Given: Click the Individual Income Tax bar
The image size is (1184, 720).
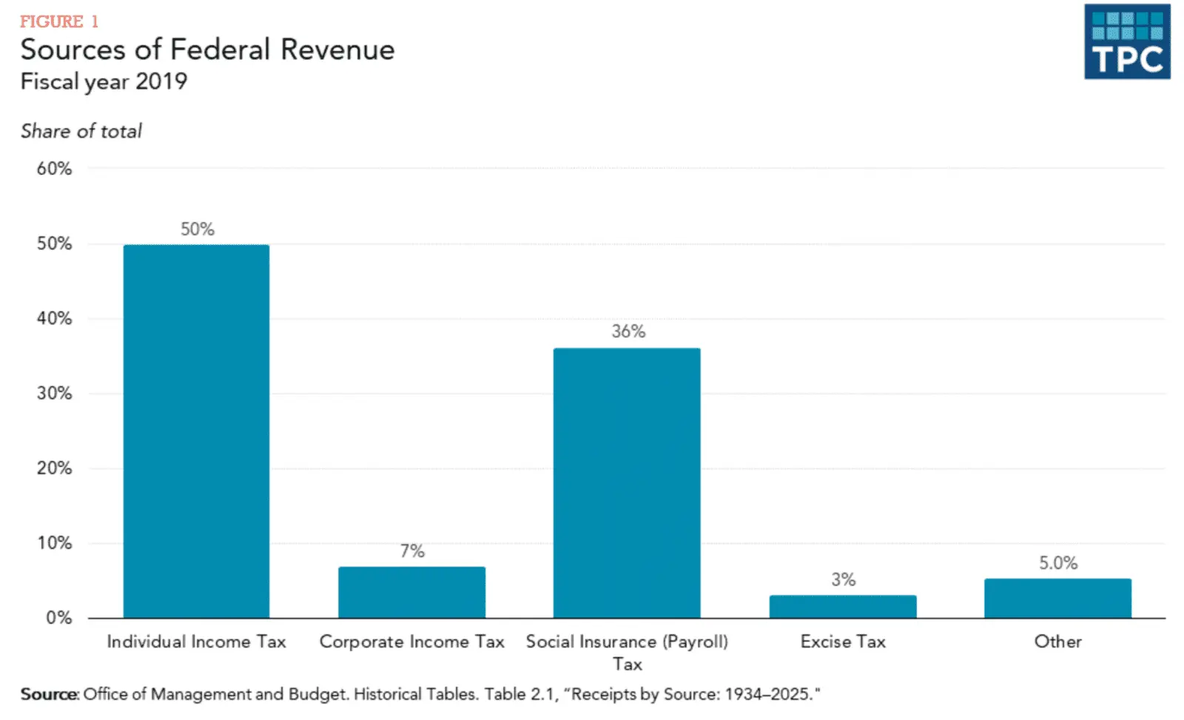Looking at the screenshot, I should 196,431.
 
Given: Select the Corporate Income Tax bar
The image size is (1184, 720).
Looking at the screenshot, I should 411,592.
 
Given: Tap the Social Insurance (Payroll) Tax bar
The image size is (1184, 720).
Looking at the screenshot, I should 627,482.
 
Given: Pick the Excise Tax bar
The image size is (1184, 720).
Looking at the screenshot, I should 843,606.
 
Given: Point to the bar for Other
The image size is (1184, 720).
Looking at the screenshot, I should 1057,598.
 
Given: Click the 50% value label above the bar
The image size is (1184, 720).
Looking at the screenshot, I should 198,229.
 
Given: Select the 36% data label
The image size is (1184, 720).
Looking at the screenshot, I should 628,332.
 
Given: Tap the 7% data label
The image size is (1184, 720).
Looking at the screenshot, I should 412,551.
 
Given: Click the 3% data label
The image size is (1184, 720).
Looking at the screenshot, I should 843,579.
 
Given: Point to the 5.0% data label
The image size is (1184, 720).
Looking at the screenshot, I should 1058,563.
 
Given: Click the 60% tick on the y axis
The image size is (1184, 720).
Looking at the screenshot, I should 55,169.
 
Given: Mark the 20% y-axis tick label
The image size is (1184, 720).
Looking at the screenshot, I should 55,468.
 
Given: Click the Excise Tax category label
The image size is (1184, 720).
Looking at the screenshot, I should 843,642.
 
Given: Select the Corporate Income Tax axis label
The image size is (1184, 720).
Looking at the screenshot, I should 411,642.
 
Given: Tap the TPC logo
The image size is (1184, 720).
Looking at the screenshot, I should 1127,42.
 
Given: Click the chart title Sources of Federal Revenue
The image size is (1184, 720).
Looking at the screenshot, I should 207,50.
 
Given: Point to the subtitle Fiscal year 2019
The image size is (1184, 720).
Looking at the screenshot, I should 104,81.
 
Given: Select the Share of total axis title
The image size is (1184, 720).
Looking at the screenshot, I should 81,131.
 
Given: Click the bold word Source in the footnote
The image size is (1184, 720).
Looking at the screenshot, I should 49,694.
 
